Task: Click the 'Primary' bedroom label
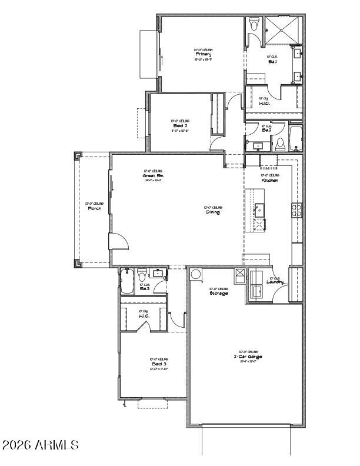click(x=204, y=54)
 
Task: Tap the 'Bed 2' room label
click(x=179, y=125)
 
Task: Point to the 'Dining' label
click(x=212, y=212)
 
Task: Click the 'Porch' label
click(x=95, y=209)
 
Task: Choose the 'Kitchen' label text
click(x=270, y=180)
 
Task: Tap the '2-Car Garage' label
click(x=248, y=357)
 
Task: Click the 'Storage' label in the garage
click(x=219, y=293)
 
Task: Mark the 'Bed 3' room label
click(x=159, y=364)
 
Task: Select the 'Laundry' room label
click(x=275, y=282)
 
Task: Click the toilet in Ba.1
click(x=254, y=24)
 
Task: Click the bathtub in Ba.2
click(x=295, y=138)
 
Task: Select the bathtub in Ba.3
click(x=127, y=282)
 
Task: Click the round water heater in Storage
click(x=196, y=274)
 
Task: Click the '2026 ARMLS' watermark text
click(x=40, y=445)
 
